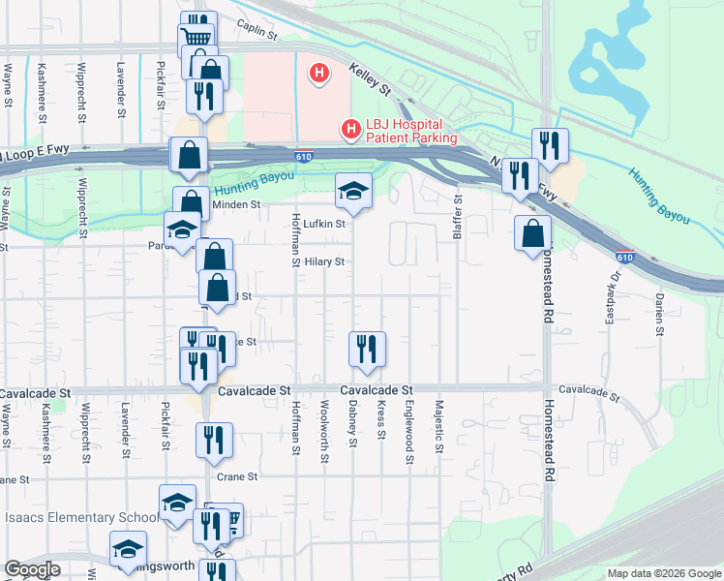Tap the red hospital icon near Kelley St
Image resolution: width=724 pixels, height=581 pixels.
click(317, 73)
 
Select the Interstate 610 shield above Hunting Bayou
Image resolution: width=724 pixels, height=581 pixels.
click(304, 158)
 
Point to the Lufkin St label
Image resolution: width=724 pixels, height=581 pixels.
click(324, 224)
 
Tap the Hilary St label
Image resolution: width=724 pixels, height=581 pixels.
click(324, 261)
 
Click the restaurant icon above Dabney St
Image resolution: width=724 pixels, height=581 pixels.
click(367, 350)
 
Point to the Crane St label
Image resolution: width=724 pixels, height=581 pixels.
click(237, 476)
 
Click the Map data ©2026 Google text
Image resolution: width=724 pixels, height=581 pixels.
click(663, 573)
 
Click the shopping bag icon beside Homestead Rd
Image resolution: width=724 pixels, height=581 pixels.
click(532, 233)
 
